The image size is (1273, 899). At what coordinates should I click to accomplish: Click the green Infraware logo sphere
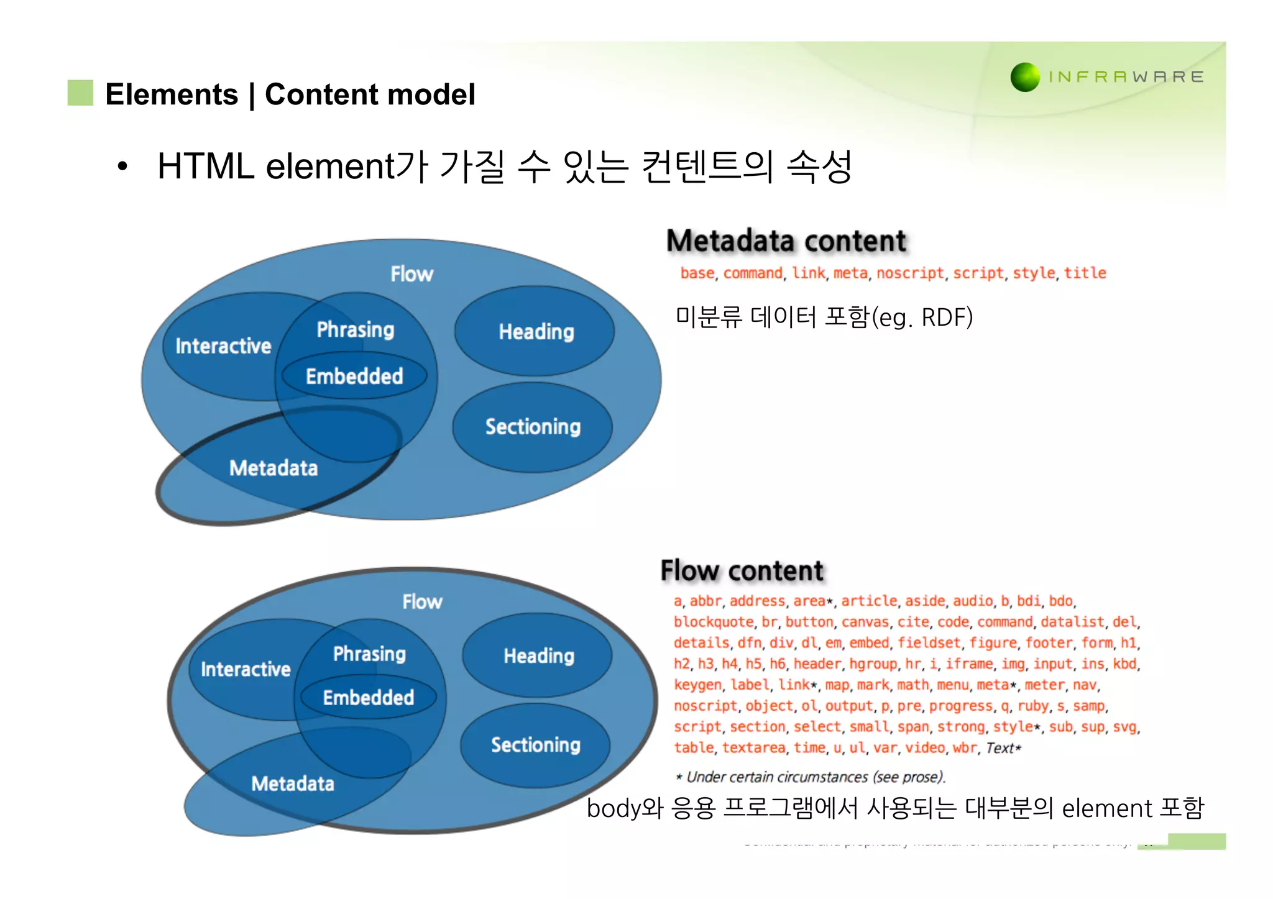tap(1025, 77)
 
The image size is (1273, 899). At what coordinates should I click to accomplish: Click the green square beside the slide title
tap(80, 93)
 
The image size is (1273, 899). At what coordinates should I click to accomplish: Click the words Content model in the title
tap(370, 94)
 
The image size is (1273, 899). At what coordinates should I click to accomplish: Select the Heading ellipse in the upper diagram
tap(535, 331)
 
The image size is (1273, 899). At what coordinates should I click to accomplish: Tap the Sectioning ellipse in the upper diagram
tap(533, 427)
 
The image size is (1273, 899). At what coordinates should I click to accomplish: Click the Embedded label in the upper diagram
tap(354, 376)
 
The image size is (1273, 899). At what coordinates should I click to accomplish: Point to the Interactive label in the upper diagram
tap(223, 346)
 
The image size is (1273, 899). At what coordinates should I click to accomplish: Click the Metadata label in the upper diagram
tap(273, 468)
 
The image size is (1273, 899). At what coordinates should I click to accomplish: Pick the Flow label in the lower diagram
tap(422, 601)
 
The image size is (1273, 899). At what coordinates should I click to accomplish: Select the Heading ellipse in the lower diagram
tap(538, 655)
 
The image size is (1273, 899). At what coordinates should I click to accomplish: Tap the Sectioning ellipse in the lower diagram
tap(535, 745)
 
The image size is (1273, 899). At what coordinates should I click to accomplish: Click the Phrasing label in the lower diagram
tap(369, 654)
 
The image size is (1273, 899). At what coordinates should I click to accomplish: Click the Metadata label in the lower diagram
tap(293, 783)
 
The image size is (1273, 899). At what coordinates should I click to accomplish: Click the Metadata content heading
tap(786, 241)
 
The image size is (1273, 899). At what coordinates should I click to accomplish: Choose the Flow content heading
tap(742, 570)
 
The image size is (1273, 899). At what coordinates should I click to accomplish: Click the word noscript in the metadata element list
tap(910, 273)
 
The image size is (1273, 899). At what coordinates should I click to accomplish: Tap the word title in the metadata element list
tap(1085, 273)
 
